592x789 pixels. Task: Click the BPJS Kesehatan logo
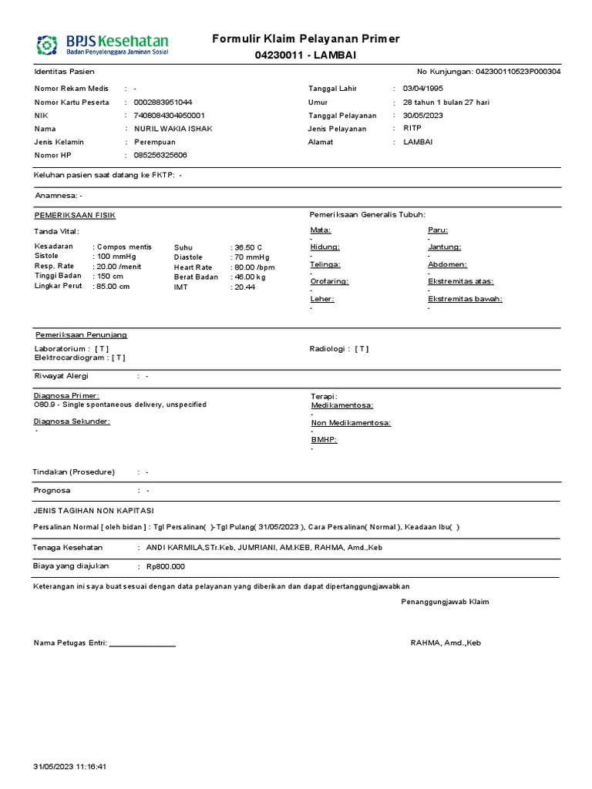click(102, 44)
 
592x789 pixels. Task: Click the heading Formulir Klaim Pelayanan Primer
click(306, 39)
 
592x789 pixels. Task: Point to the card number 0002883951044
click(163, 102)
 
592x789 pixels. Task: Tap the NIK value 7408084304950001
click(170, 116)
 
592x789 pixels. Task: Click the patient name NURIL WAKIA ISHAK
click(173, 129)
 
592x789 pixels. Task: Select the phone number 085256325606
click(160, 156)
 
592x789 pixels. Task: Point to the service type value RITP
click(412, 129)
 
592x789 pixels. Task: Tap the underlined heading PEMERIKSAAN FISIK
click(75, 215)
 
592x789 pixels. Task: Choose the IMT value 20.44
click(244, 287)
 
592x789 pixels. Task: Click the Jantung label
click(444, 247)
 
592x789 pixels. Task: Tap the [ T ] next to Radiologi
click(362, 349)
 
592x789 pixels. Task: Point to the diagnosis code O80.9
click(45, 405)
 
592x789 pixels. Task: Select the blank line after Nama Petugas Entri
click(143, 643)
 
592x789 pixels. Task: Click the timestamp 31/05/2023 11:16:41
click(70, 767)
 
